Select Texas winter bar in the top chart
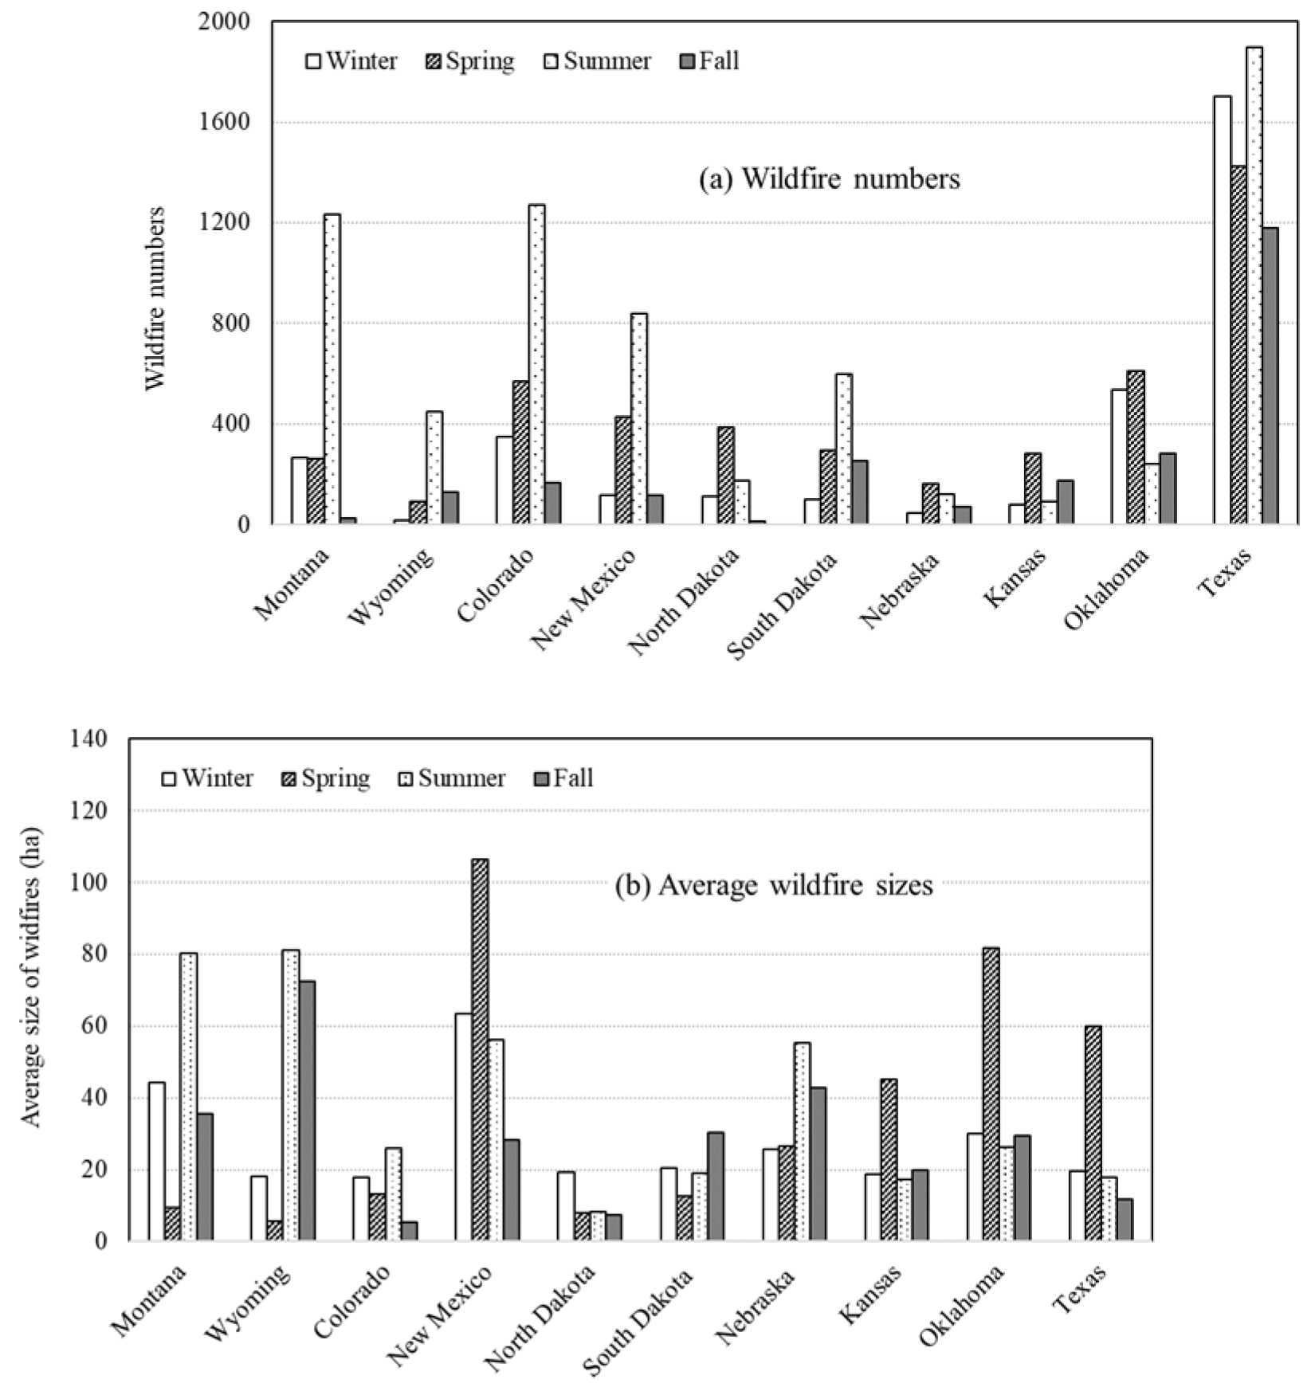tap(1222, 310)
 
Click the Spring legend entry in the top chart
tap(470, 61)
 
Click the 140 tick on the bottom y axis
tap(88, 739)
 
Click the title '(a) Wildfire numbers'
tap(829, 178)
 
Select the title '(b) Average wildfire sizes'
tap(773, 885)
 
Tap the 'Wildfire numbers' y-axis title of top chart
tap(155, 298)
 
